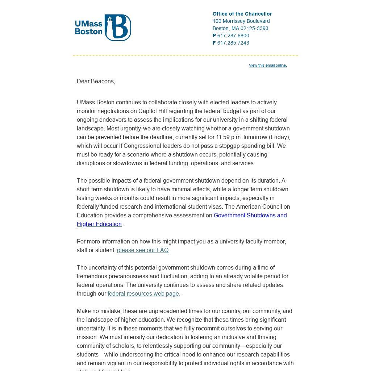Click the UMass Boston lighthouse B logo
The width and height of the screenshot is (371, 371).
point(118,28)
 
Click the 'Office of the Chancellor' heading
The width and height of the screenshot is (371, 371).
point(242,14)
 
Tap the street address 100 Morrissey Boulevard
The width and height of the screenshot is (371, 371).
point(241,21)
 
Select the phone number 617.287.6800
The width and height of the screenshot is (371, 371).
point(233,36)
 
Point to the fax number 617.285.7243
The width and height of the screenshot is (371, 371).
point(233,43)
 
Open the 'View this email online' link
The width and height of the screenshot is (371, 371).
point(268,65)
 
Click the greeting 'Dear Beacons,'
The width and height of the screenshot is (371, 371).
point(96,81)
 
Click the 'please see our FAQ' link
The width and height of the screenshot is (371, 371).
point(143,250)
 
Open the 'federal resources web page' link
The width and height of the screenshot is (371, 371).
point(143,293)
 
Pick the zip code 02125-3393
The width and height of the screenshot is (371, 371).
point(254,28)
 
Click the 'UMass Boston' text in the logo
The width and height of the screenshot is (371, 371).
point(89,28)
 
